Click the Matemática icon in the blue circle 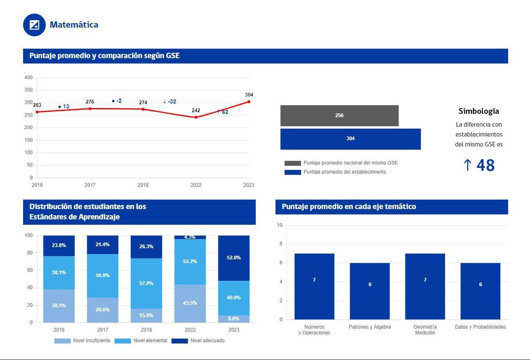(34, 25)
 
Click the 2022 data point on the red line (196, 117)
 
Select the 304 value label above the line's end (249, 95)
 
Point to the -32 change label (170, 101)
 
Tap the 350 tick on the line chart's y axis (28, 90)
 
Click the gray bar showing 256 (339, 115)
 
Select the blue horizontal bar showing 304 (350, 139)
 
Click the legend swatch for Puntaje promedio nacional (292, 163)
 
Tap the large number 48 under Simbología (485, 165)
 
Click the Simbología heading (479, 111)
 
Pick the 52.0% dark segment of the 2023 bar (234, 258)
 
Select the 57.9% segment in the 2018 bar (146, 283)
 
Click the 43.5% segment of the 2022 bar (190, 303)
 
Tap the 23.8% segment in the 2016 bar (59, 245)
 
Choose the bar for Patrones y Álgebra (370, 291)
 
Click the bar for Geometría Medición (425, 286)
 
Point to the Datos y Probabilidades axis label (480, 327)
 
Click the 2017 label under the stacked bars (103, 330)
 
